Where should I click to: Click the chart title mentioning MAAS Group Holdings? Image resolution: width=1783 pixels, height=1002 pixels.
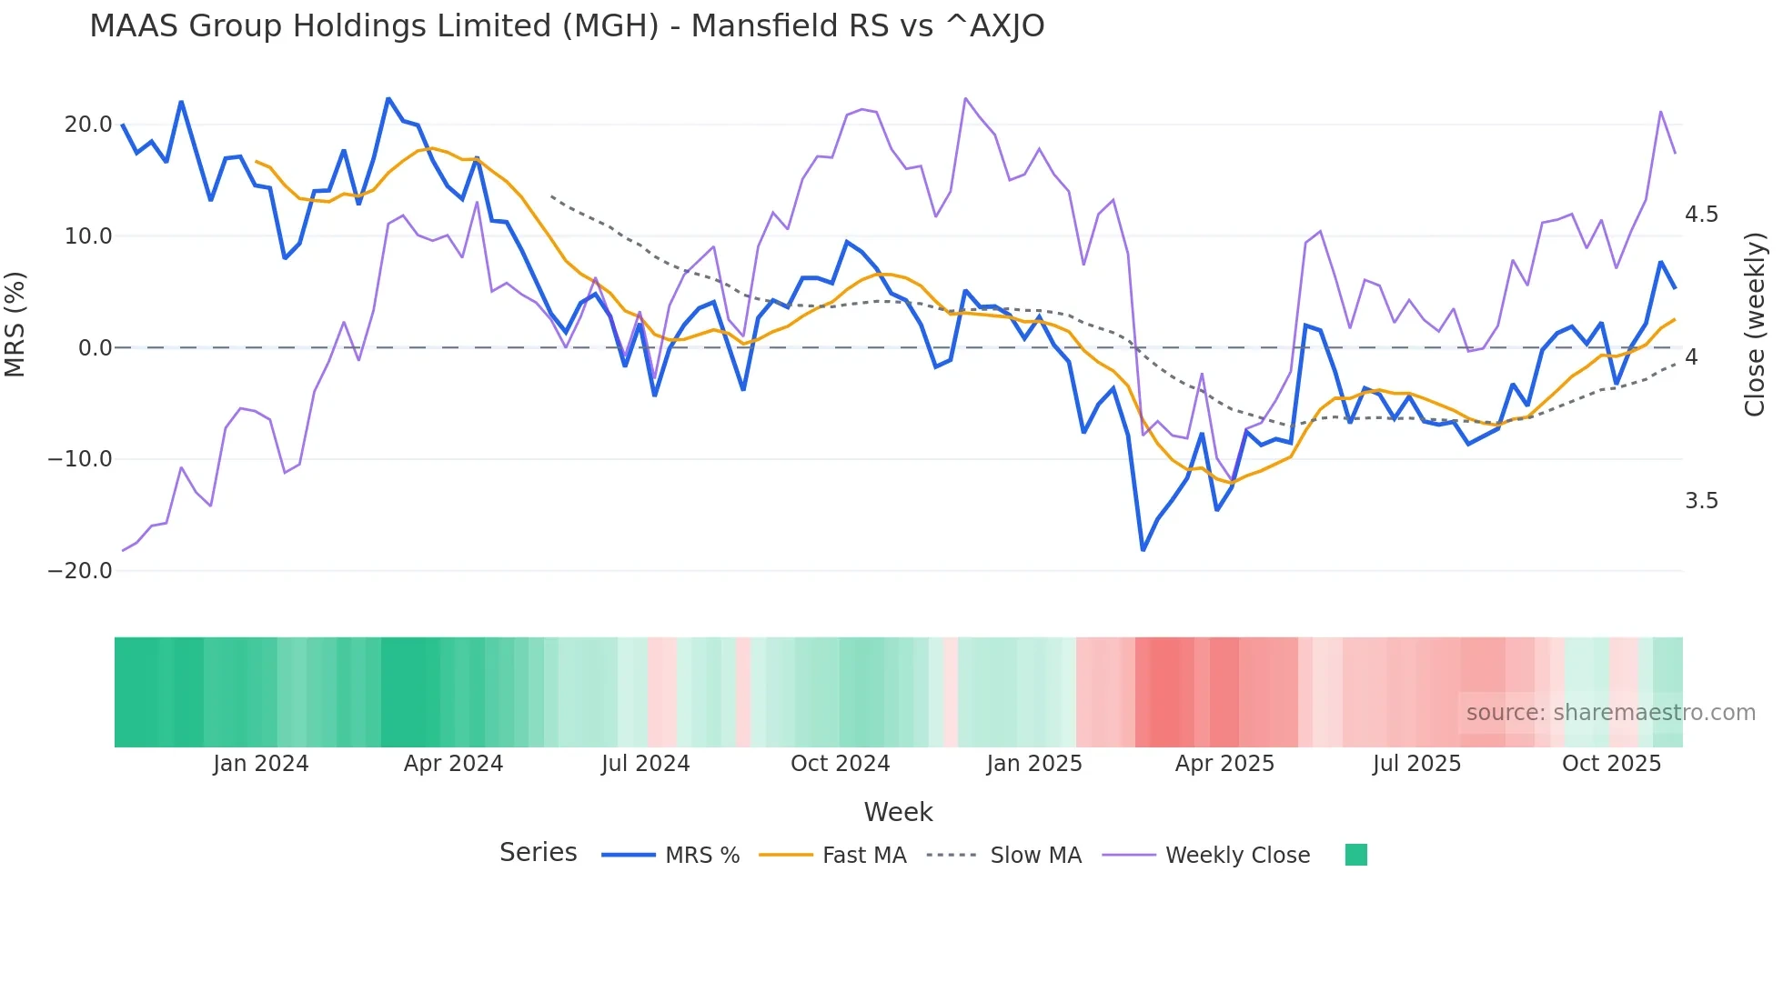pyautogui.click(x=567, y=26)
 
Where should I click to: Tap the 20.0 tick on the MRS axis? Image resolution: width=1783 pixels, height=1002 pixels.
pyautogui.click(x=88, y=125)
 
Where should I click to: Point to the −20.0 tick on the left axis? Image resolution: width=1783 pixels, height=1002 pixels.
pyautogui.click(x=80, y=571)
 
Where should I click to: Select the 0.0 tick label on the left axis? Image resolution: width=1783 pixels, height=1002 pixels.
pyautogui.click(x=95, y=348)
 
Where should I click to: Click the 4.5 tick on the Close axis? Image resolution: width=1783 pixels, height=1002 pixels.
pyautogui.click(x=1701, y=215)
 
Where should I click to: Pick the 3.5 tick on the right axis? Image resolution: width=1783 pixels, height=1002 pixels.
pyautogui.click(x=1701, y=501)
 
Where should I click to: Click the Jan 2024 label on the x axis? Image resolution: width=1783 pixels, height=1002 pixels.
pyautogui.click(x=261, y=764)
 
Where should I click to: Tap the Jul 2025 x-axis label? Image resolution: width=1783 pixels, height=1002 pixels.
pyautogui.click(x=1416, y=764)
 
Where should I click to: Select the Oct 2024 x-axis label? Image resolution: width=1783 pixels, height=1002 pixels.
pyautogui.click(x=840, y=764)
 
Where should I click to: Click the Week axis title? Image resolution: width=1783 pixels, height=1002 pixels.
pyautogui.click(x=898, y=812)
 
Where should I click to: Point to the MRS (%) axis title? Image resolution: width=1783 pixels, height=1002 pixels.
pyautogui.click(x=15, y=325)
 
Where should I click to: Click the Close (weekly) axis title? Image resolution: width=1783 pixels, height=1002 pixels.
pyautogui.click(x=1755, y=325)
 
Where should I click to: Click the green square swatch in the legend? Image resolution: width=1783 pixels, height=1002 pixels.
pyautogui.click(x=1355, y=855)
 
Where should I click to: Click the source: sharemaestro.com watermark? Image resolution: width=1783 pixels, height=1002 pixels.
pyautogui.click(x=1610, y=713)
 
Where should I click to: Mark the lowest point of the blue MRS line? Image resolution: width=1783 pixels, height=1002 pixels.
pyautogui.click(x=1143, y=549)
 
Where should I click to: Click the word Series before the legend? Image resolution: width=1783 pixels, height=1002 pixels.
pyautogui.click(x=538, y=853)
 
